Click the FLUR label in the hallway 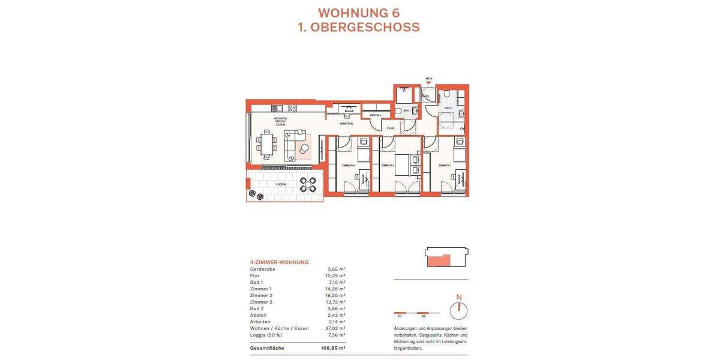(x=390, y=128)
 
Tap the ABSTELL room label (x=376, y=115)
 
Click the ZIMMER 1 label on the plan (x=444, y=165)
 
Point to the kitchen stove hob (x=292, y=109)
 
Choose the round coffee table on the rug (x=304, y=149)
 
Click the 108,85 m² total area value (x=333, y=348)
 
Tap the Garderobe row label (x=263, y=269)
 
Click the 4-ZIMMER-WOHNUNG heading (x=279, y=262)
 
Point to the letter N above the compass (x=459, y=297)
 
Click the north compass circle (x=459, y=310)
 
